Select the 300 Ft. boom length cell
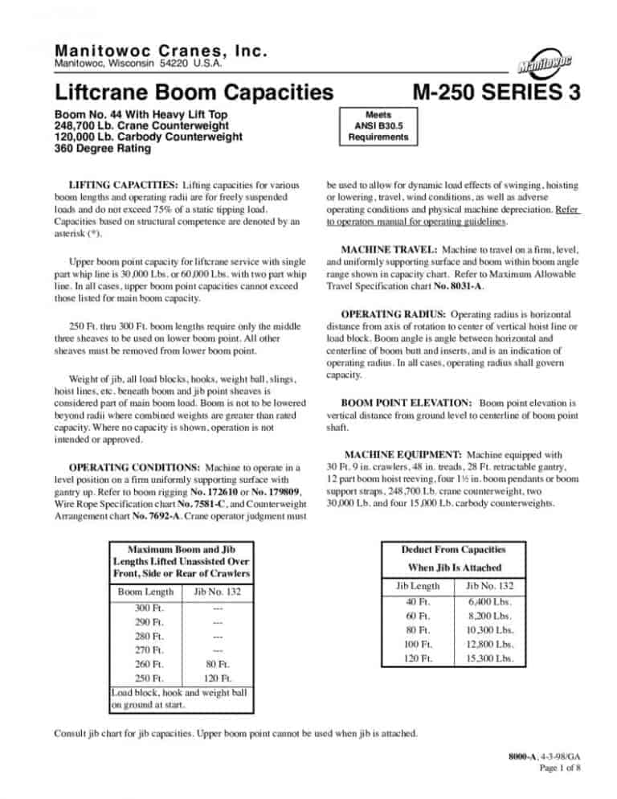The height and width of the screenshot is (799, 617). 146,610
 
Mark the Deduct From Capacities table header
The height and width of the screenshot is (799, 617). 454,551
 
